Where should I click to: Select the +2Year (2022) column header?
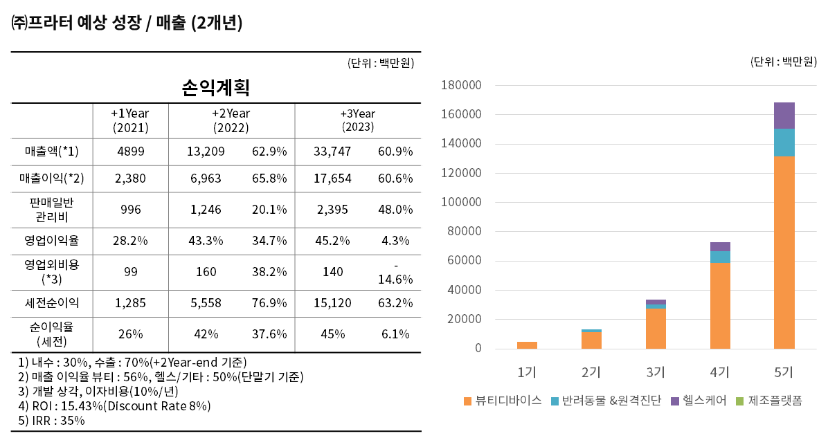point(231,120)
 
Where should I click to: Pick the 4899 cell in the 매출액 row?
point(130,151)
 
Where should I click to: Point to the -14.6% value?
point(395,273)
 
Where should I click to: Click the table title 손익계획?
point(215,88)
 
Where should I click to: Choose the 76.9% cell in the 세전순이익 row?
point(269,302)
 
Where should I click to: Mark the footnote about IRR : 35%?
point(52,420)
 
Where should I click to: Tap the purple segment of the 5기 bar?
point(784,115)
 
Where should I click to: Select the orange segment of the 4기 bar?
point(720,304)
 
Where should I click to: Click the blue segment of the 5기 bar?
point(784,142)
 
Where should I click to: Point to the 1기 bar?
point(527,345)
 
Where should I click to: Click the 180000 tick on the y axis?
point(461,85)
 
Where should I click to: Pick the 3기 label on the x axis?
point(655,372)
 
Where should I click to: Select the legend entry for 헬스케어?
point(699,401)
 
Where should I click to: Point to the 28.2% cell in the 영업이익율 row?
point(130,241)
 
